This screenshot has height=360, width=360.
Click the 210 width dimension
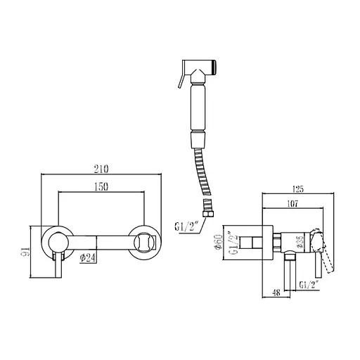tap(101, 169)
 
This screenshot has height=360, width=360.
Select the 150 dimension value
tap(101, 187)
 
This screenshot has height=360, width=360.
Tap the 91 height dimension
tap(27, 251)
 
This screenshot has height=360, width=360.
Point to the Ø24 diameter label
tap(88, 258)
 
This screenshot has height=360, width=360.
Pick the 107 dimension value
tap(292, 203)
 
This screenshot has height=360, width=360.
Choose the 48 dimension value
tap(276, 292)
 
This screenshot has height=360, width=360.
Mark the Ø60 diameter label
tap(219, 242)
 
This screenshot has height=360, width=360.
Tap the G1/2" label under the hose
tap(187, 226)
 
